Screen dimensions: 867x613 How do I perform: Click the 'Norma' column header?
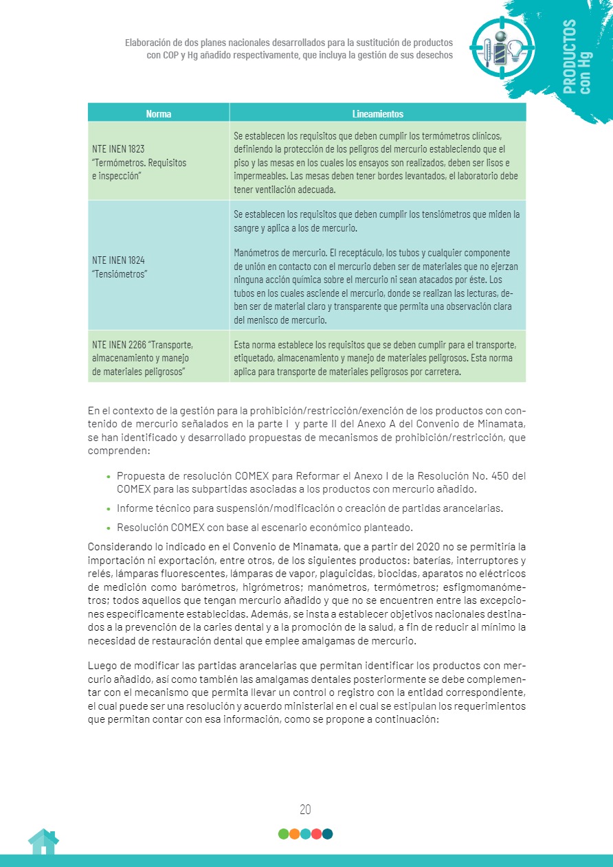point(158,113)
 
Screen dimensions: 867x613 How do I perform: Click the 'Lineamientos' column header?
point(377,113)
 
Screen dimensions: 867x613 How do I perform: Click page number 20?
point(306,809)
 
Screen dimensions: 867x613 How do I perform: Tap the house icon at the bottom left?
point(43,842)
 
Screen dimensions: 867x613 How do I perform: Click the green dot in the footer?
point(283,834)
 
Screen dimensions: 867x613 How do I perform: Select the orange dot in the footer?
point(294,834)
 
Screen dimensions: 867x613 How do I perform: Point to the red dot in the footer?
point(316,834)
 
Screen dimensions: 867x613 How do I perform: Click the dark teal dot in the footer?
point(327,834)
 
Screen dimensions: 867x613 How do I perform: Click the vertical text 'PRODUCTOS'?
point(569,56)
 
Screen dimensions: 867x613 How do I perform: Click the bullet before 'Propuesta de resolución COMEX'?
point(109,476)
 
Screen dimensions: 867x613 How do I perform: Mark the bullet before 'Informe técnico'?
point(109,509)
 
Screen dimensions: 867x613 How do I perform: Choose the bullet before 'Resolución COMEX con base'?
point(109,528)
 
